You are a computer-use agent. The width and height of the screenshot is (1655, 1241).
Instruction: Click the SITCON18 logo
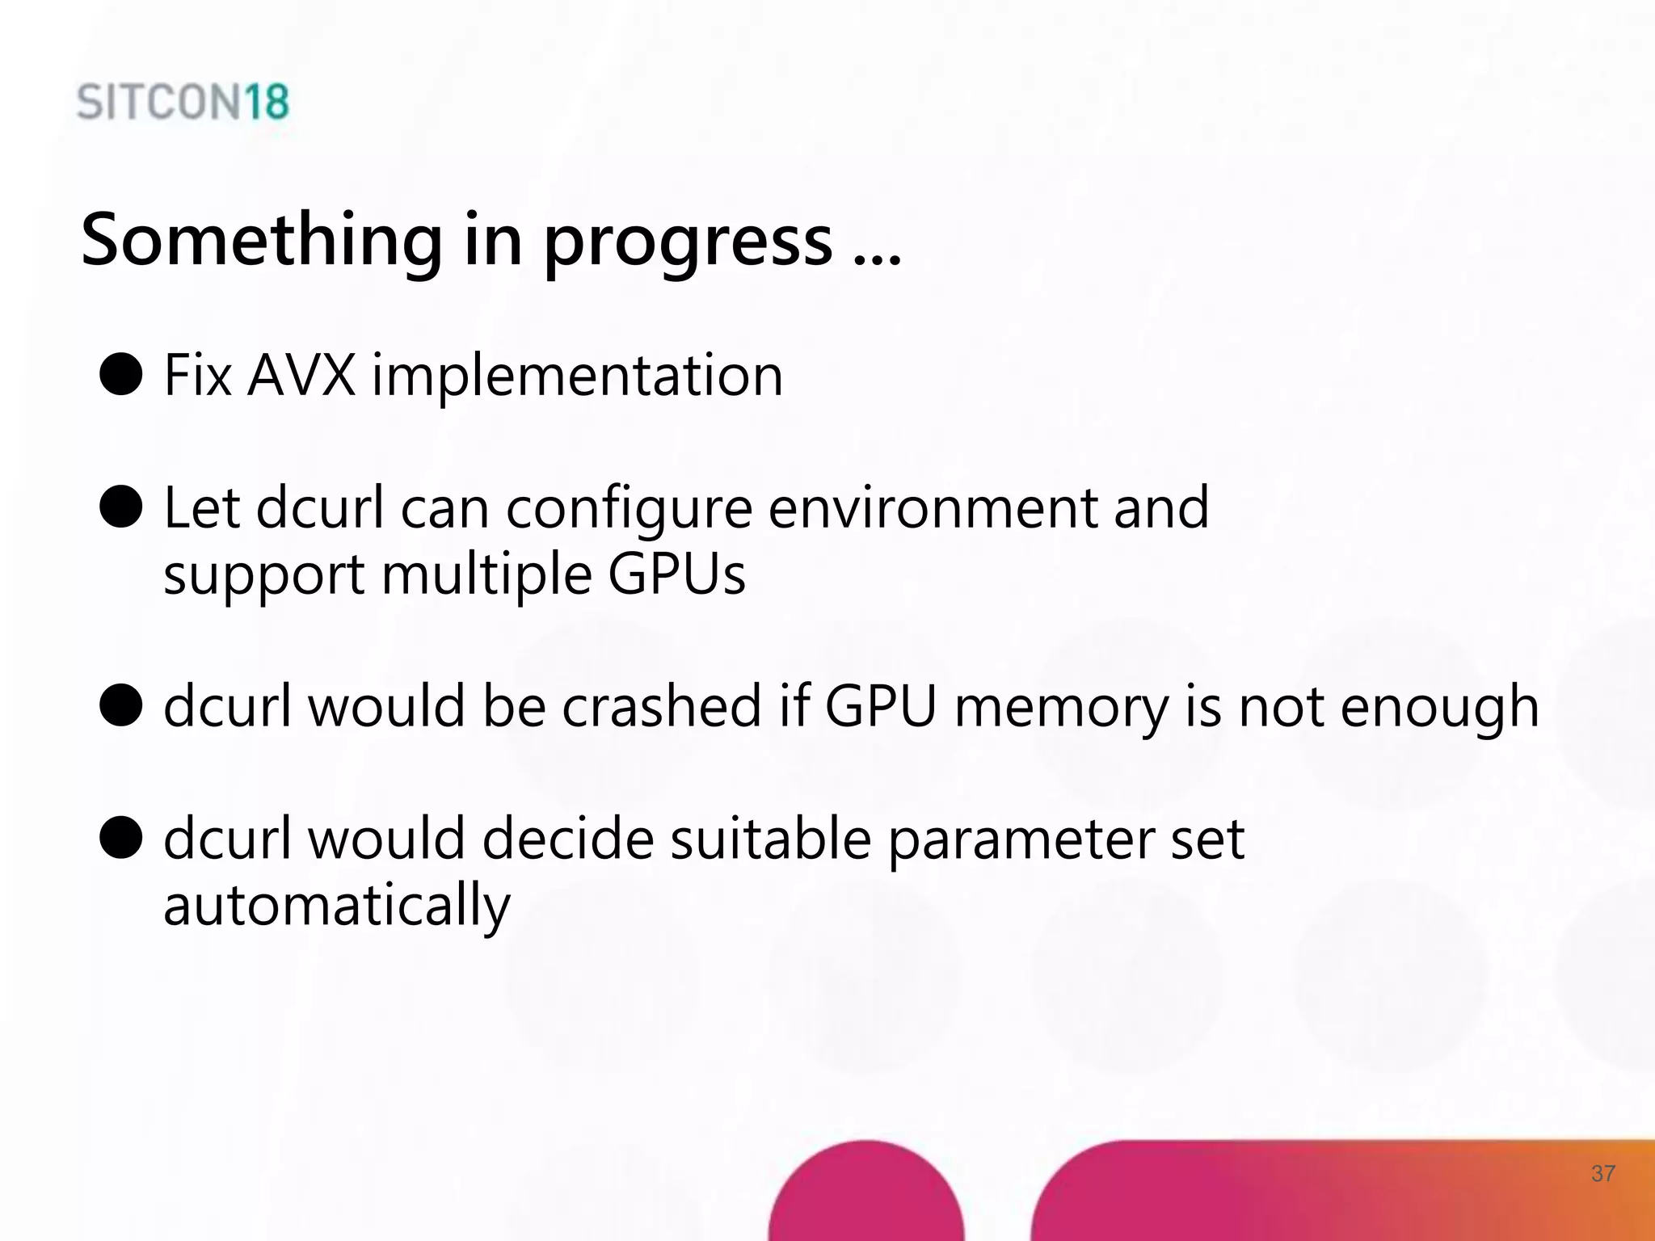point(183,103)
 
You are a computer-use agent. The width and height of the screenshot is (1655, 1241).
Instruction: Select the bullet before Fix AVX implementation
point(121,374)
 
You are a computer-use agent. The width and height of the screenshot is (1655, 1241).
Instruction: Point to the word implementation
point(577,377)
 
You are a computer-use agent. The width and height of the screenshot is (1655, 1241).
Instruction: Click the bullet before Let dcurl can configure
point(121,507)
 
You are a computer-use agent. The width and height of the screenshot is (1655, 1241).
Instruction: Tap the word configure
point(630,509)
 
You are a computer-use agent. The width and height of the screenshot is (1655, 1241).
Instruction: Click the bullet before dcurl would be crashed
point(121,705)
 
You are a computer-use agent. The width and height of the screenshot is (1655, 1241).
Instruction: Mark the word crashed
point(662,705)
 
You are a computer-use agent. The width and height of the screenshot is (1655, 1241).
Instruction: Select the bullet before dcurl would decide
point(121,837)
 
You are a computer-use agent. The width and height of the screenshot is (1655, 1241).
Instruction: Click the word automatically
point(337,906)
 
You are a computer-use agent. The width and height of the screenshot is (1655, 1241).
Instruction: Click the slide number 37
point(1603,1173)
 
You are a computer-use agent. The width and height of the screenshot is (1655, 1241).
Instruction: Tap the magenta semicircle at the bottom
point(866,1196)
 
